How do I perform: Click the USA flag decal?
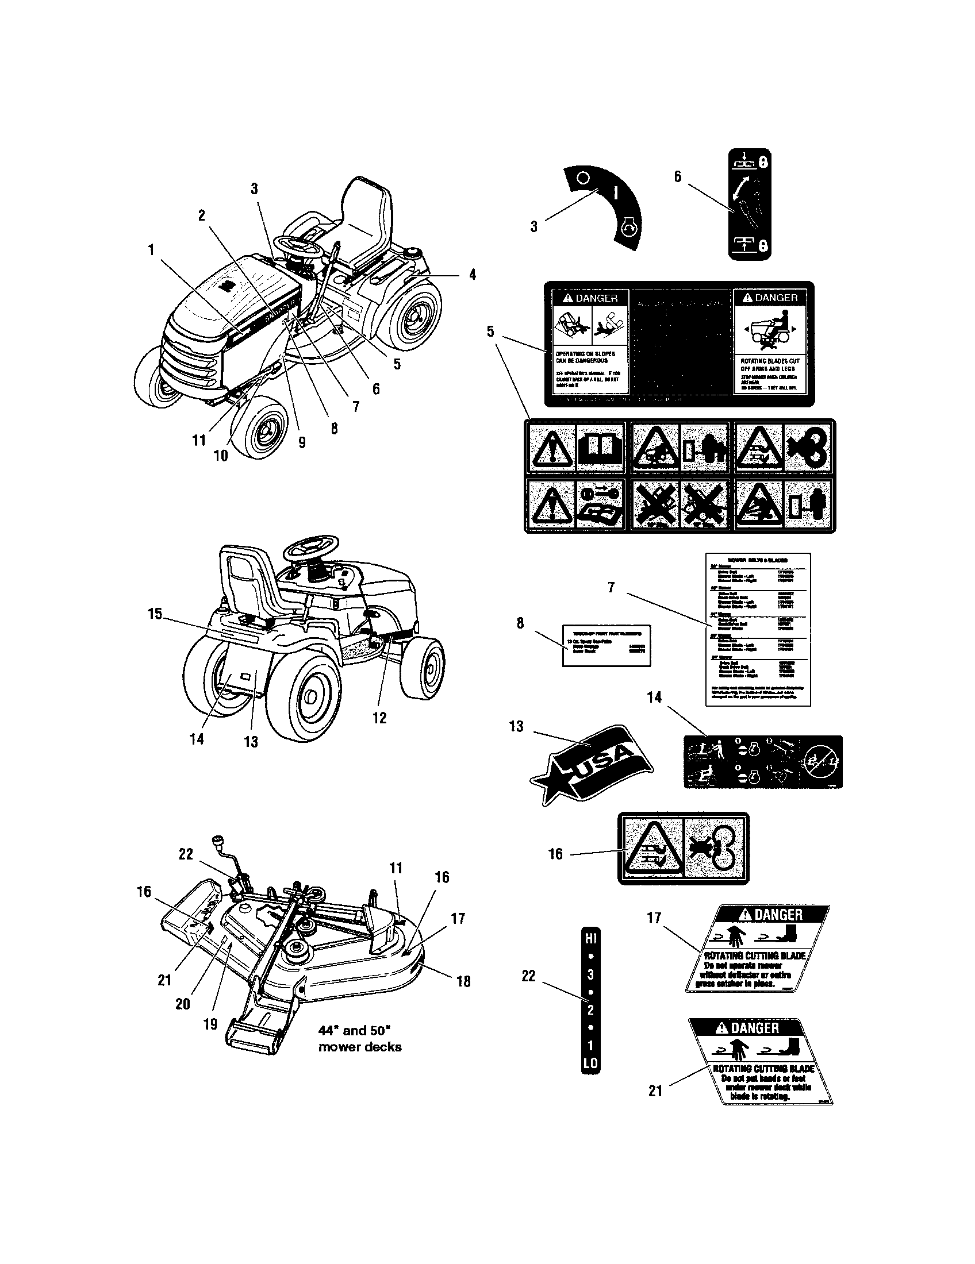pyautogui.click(x=592, y=763)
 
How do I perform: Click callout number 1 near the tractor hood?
pyautogui.click(x=151, y=250)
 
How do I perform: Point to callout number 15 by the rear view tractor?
pyautogui.click(x=155, y=614)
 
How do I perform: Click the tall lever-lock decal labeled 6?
pyautogui.click(x=749, y=204)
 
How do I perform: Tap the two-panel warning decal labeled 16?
pyautogui.click(x=683, y=848)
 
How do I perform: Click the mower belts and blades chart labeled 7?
pyautogui.click(x=757, y=629)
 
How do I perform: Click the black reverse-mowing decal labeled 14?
pyautogui.click(x=762, y=762)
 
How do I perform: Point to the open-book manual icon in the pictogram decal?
pyautogui.click(x=600, y=448)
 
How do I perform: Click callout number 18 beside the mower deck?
pyautogui.click(x=463, y=981)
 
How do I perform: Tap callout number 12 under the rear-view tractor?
pyautogui.click(x=379, y=718)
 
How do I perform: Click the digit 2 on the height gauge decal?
pyautogui.click(x=590, y=1010)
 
